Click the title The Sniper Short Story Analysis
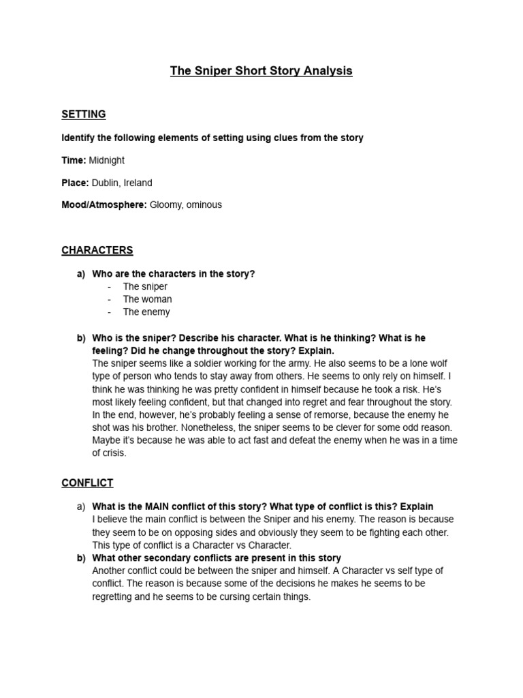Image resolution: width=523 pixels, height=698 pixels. click(x=261, y=71)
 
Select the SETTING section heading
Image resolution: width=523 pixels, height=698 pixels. click(x=83, y=114)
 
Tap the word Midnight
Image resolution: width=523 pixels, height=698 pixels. click(x=107, y=160)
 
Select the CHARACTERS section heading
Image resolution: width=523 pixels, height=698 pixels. click(x=97, y=250)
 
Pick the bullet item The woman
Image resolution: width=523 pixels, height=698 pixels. click(x=147, y=299)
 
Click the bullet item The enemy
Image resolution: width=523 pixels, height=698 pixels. click(x=146, y=312)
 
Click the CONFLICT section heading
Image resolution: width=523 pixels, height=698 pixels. click(x=87, y=483)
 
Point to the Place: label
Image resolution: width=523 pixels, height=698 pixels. click(x=74, y=183)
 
